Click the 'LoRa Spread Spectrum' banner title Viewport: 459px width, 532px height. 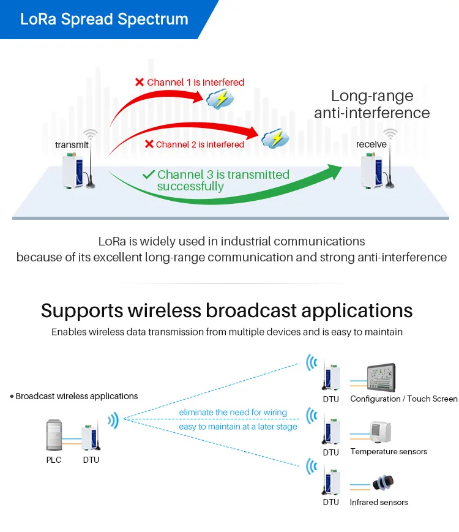[x=104, y=19]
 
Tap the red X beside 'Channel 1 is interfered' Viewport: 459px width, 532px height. [x=140, y=82]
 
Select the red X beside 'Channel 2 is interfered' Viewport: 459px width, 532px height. [x=149, y=144]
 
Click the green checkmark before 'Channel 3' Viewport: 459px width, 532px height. [x=148, y=175]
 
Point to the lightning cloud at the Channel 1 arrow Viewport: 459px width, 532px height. [x=219, y=98]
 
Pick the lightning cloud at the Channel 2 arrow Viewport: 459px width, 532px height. [x=274, y=138]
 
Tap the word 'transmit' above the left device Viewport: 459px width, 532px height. [x=72, y=144]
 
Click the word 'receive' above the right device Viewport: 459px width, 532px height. [x=371, y=144]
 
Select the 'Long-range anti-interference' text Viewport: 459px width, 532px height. [x=371, y=104]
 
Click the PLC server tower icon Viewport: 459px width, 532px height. [x=54, y=434]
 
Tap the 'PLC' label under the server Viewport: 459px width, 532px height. [x=54, y=460]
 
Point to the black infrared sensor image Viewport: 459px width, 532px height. [x=383, y=483]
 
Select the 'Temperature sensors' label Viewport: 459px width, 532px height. [x=389, y=452]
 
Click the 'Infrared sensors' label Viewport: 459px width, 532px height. [x=379, y=503]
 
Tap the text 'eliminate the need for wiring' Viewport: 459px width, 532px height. [x=233, y=413]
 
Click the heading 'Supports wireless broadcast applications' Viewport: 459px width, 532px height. [x=226, y=310]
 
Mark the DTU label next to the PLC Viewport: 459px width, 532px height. [x=91, y=460]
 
